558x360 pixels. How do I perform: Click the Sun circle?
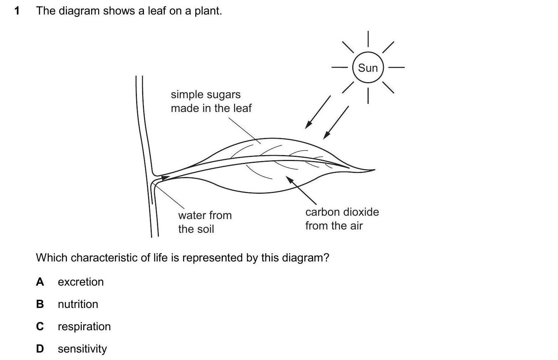click(x=368, y=68)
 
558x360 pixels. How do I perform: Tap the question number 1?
click(x=17, y=11)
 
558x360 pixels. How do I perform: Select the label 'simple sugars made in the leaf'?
click(x=211, y=101)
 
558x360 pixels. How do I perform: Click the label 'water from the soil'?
click(x=205, y=222)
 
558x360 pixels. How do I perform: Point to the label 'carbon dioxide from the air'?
click(x=342, y=219)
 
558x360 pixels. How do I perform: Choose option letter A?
click(x=40, y=282)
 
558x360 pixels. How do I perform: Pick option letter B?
click(x=40, y=304)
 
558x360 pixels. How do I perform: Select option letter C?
click(x=40, y=327)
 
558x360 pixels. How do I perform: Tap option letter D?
click(x=40, y=349)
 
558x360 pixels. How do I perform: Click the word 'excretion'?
click(x=81, y=282)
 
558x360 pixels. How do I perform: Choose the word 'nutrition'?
click(x=78, y=304)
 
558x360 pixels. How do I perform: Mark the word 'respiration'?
click(x=84, y=327)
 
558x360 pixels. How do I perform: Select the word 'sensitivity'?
click(x=82, y=349)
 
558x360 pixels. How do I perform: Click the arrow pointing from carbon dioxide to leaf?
click(x=301, y=190)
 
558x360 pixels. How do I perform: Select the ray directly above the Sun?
click(x=368, y=39)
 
